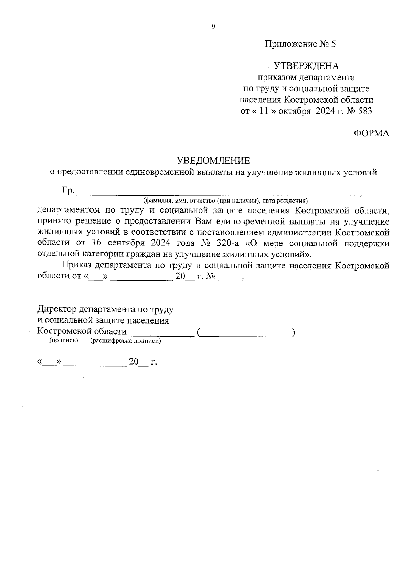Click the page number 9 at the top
point(213,27)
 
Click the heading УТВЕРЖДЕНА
point(306,66)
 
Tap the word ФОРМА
point(372,134)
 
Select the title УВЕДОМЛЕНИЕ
point(213,161)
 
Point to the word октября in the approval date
point(292,111)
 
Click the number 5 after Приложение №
point(333,44)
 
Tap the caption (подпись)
point(64,341)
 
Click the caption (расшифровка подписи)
point(126,341)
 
